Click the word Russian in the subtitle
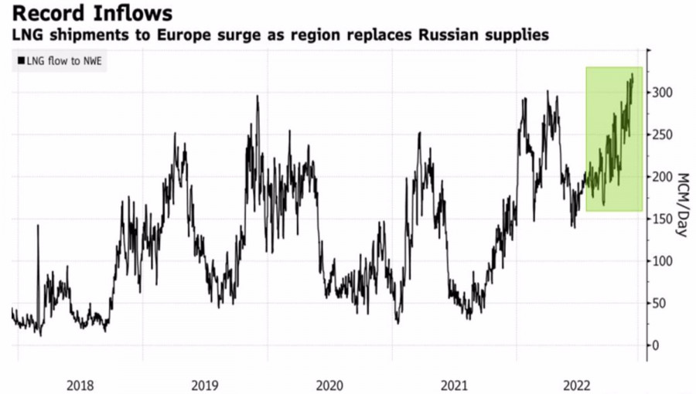click(438, 36)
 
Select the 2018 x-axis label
click(80, 383)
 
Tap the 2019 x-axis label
click(204, 383)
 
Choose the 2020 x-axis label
click(329, 383)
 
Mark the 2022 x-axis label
click(579, 383)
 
